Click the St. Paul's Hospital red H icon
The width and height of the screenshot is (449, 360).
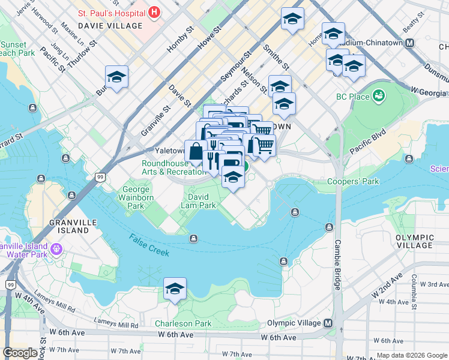155,12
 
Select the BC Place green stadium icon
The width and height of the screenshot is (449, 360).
379,95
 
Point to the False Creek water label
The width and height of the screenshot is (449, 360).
149,245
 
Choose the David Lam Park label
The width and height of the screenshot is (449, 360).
199,200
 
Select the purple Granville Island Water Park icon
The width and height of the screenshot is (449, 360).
56,248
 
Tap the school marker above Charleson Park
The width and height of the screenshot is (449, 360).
175,289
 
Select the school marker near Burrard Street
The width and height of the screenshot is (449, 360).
117,77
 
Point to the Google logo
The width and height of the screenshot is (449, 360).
20,353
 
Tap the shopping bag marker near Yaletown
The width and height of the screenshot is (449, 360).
196,152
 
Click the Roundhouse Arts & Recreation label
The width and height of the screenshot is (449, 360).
173,167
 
